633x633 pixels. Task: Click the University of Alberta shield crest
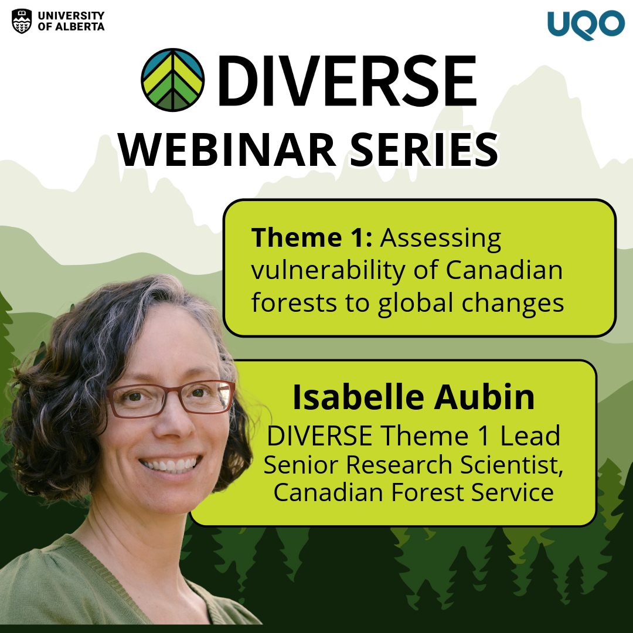click(22, 21)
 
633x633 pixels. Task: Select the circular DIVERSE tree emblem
click(173, 80)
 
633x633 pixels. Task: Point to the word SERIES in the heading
click(424, 150)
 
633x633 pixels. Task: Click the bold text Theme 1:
click(312, 237)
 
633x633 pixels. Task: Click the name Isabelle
click(358, 397)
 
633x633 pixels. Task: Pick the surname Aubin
click(485, 397)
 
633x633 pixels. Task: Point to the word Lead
click(530, 436)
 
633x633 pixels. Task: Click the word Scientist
click(511, 465)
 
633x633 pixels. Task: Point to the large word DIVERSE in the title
click(348, 80)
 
